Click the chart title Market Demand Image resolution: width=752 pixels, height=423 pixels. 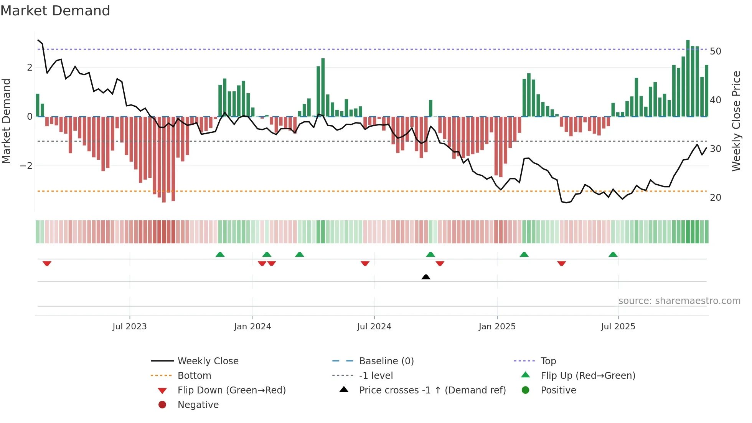[x=55, y=11]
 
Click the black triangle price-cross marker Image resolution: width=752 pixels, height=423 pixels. [x=425, y=277]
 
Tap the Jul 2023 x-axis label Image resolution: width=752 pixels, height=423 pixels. [x=130, y=327]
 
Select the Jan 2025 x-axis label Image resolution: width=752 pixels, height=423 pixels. [x=497, y=327]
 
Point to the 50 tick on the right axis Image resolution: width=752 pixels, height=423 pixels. [x=715, y=51]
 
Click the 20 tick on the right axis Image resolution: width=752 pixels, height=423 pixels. [x=715, y=198]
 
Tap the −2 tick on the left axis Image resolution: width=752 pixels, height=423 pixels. [x=26, y=166]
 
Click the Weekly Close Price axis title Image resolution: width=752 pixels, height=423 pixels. [x=736, y=121]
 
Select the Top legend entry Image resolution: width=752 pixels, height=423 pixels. [x=548, y=361]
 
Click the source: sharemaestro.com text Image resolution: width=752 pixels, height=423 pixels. [x=679, y=301]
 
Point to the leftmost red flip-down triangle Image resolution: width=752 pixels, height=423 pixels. [x=47, y=263]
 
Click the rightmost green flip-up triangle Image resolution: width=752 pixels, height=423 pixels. [x=613, y=254]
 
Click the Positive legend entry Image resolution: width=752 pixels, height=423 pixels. [x=558, y=390]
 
